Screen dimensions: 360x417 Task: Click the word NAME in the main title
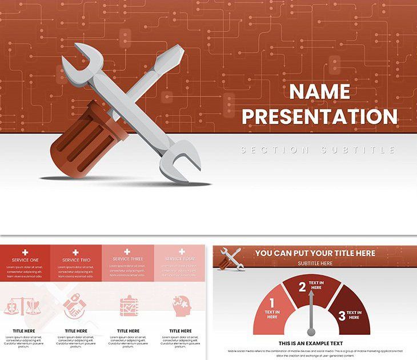319,91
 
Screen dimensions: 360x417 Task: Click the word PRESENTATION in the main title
319,116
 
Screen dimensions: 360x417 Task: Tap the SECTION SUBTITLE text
318,150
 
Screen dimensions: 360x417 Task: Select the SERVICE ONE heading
25,260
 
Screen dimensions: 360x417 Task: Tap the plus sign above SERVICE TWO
75,252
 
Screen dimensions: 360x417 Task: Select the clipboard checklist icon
127,306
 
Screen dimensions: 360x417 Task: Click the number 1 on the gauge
272,303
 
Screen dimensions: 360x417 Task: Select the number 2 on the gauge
302,287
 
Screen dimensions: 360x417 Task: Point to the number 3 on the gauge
342,315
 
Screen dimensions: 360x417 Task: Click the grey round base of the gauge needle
311,331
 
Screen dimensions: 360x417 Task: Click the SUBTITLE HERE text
315,263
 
